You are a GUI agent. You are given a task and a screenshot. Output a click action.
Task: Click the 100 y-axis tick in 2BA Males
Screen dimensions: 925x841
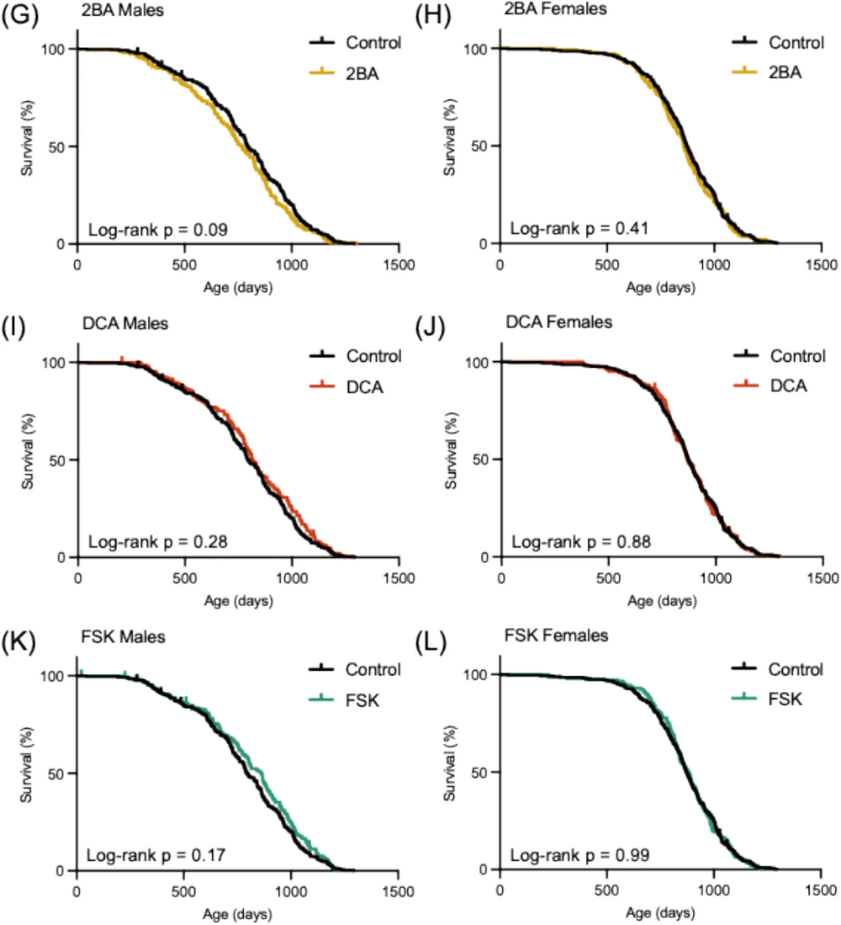tap(55, 49)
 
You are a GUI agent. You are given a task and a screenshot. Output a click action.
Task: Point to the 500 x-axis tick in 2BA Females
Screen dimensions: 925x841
tap(607, 262)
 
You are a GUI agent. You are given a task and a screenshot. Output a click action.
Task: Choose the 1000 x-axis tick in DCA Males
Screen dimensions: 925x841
tap(291, 575)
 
